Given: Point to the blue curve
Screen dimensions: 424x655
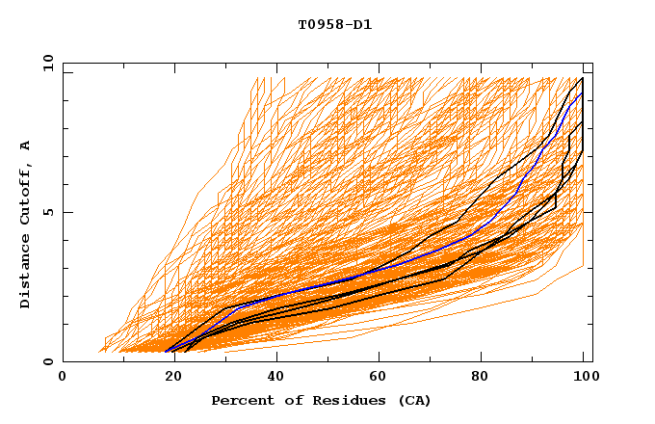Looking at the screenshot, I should coord(289,288).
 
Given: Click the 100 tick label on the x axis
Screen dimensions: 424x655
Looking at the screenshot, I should coord(585,378).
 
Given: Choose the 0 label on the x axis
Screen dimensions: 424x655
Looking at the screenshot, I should coord(64,378).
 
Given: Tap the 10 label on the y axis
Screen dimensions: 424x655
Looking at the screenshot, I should coord(44,63).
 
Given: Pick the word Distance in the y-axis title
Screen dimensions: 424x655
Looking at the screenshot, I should coord(26,275).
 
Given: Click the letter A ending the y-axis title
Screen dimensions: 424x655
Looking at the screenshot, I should coord(26,146).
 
